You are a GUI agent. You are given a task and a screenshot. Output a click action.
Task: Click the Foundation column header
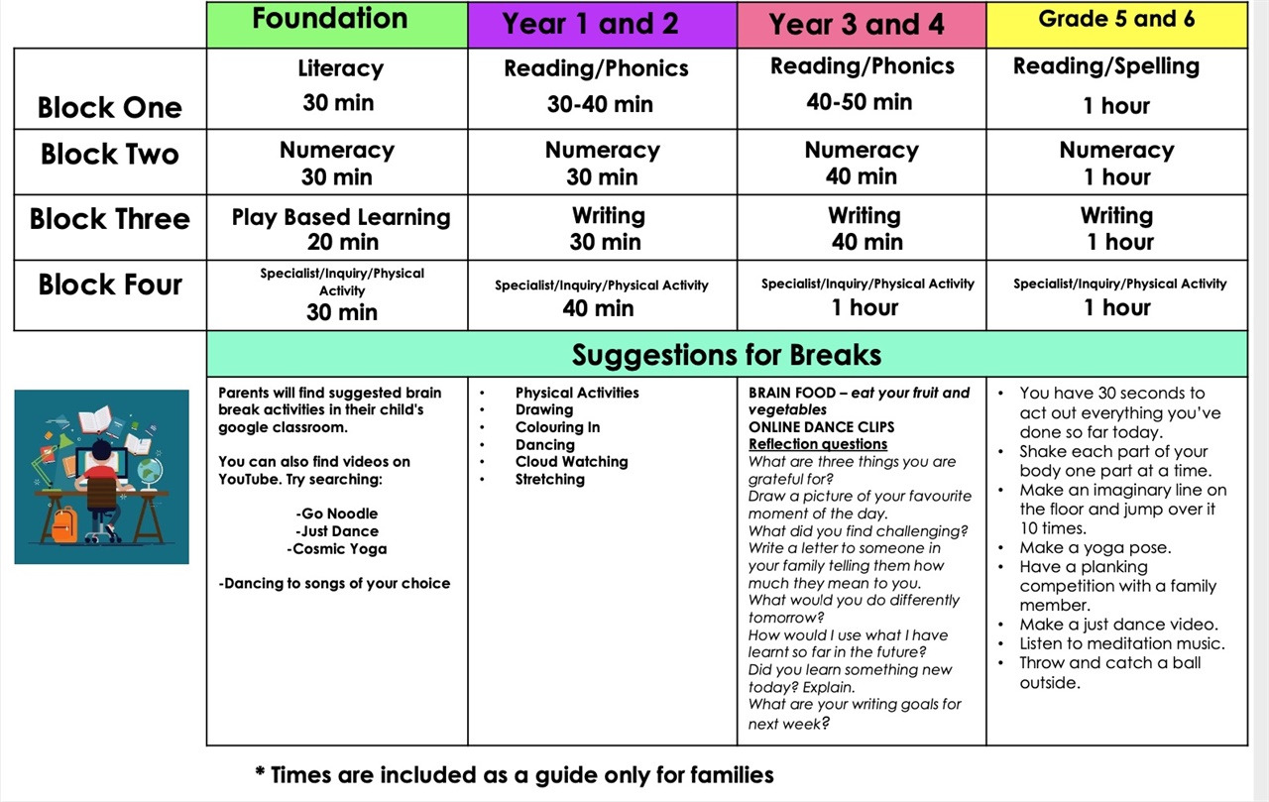330,19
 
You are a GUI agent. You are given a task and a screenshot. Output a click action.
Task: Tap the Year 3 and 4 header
857,24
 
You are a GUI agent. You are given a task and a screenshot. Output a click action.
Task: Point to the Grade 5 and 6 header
1116,19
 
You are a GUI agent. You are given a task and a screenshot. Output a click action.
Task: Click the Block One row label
110,107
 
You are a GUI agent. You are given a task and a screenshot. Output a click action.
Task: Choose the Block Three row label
110,219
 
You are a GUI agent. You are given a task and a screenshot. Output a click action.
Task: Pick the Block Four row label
110,285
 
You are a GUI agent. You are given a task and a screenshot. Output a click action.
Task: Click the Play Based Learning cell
340,217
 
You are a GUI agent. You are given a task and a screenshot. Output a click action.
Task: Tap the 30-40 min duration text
600,103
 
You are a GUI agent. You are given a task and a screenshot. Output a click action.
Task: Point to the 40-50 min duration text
860,101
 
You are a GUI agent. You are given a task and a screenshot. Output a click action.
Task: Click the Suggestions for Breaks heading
727,354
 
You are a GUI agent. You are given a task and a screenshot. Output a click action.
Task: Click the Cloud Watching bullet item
571,462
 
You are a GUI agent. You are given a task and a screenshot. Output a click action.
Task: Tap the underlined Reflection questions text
818,444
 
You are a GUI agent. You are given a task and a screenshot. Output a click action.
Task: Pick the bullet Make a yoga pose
1095,547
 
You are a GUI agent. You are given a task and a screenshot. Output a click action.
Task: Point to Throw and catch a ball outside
1108,673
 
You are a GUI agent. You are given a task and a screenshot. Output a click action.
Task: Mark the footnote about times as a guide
514,774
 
